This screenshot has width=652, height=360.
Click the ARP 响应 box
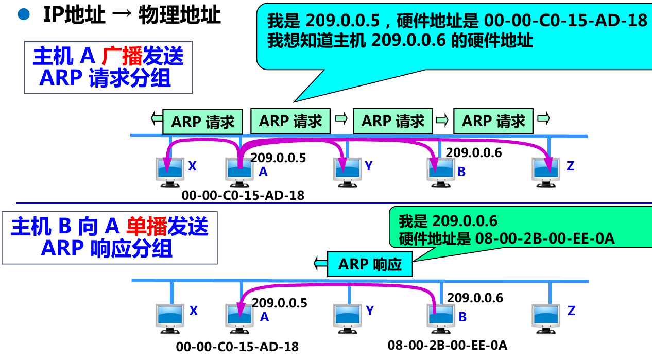click(370, 265)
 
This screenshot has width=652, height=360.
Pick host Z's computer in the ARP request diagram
click(545, 170)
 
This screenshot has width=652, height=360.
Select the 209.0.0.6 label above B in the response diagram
click(475, 297)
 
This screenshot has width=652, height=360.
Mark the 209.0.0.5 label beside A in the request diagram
click(278, 158)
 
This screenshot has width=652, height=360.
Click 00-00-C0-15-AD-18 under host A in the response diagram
click(237, 347)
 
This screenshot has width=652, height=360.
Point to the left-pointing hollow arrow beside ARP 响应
click(320, 264)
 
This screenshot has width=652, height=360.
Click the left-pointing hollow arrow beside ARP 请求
click(156, 119)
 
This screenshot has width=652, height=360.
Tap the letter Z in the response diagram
click(571, 311)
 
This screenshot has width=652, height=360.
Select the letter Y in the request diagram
click(368, 166)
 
